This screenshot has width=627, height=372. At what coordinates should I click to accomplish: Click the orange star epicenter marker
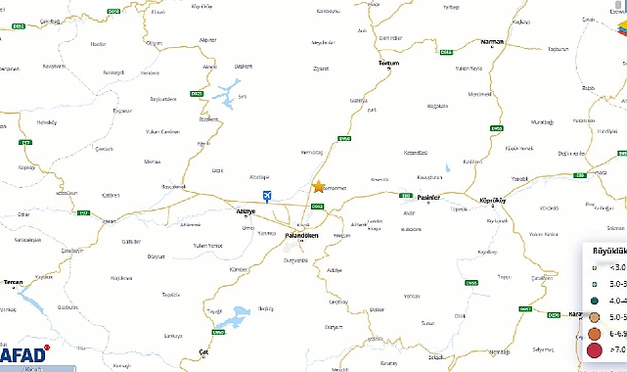tap(318, 186)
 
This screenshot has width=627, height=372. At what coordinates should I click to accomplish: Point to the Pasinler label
tap(429, 197)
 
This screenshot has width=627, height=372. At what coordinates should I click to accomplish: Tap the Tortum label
tap(389, 62)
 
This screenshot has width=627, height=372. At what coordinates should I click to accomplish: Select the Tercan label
tap(14, 282)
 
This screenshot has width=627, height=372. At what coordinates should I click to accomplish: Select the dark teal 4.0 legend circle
tap(595, 300)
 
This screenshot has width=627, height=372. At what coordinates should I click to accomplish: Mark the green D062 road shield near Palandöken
tap(317, 206)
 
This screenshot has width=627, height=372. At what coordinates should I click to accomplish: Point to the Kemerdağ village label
tap(313, 156)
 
